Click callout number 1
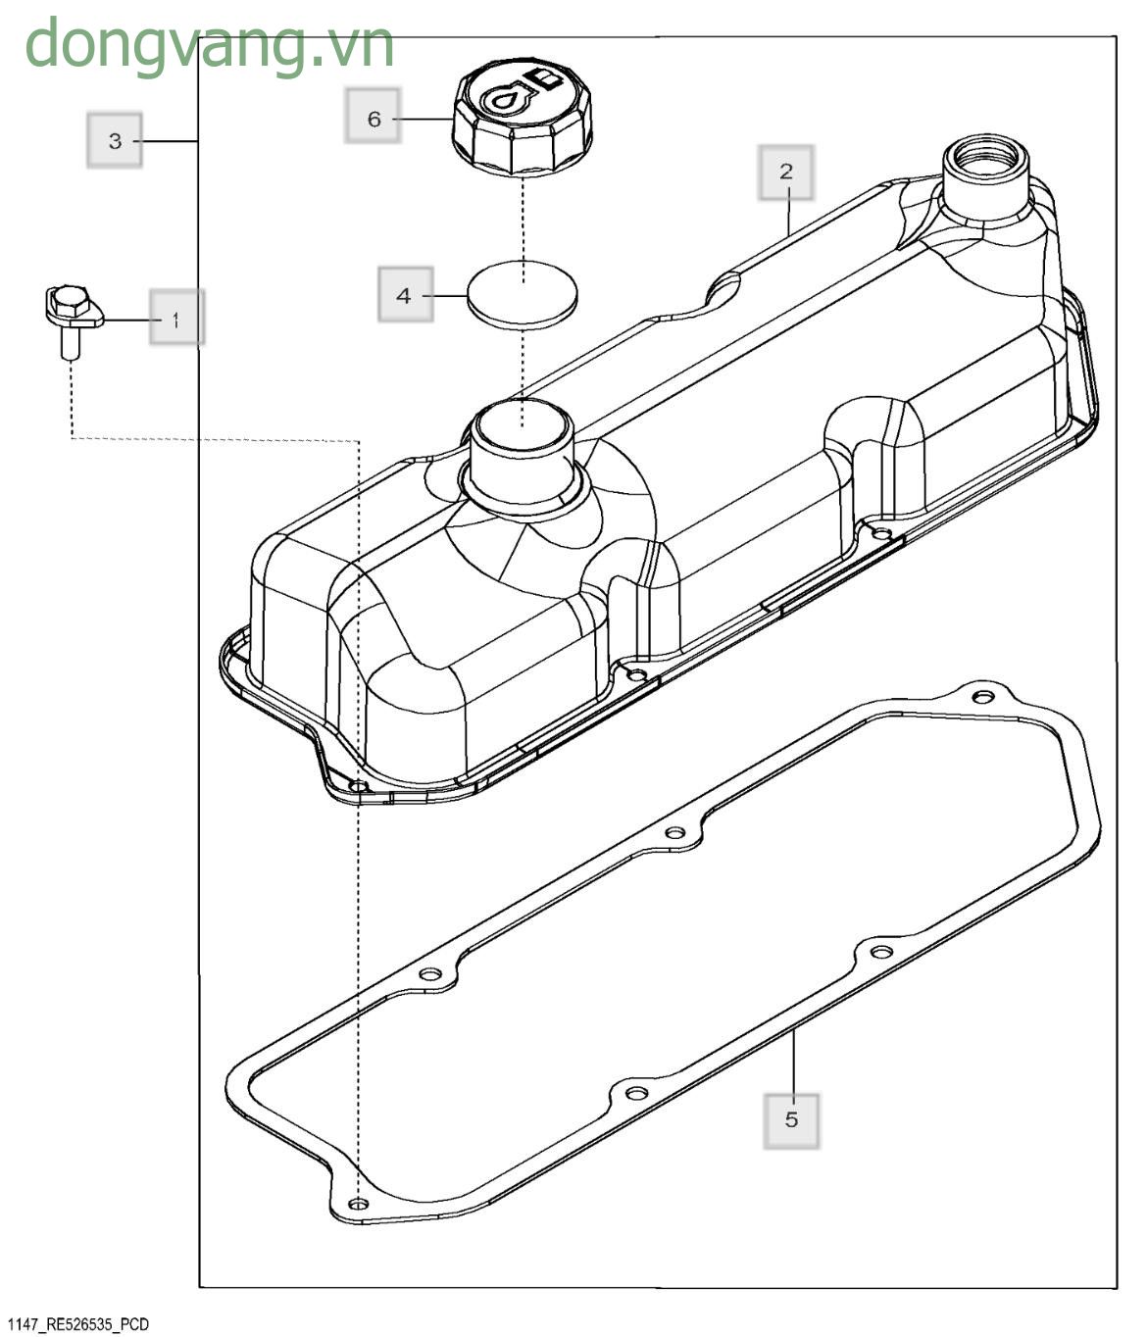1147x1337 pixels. (176, 318)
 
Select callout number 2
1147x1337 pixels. (786, 173)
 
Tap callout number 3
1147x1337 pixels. (115, 140)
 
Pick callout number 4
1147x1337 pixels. (405, 294)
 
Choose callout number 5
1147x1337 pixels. (791, 1118)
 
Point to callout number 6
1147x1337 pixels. (373, 118)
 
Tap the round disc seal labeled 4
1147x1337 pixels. (523, 295)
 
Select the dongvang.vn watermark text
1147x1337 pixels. (209, 44)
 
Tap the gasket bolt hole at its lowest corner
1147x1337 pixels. (359, 1202)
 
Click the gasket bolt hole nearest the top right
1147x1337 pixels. (981, 696)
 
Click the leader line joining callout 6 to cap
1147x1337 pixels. (426, 119)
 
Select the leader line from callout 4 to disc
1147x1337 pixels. (450, 295)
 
